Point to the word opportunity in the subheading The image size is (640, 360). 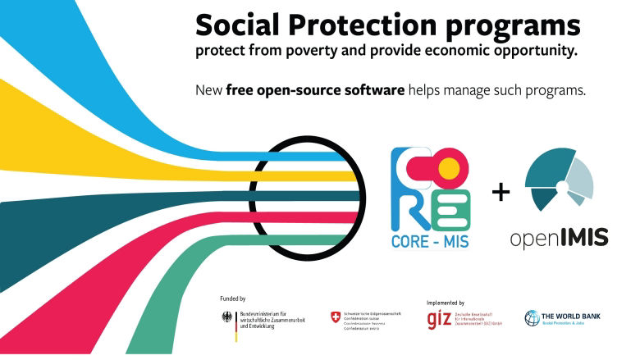point(533,52)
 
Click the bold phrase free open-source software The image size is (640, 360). point(316,89)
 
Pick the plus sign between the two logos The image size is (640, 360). point(500,193)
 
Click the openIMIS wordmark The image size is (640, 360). point(559,238)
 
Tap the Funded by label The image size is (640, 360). point(233,298)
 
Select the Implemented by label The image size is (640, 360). point(446,303)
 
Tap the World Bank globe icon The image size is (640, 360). point(533,317)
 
